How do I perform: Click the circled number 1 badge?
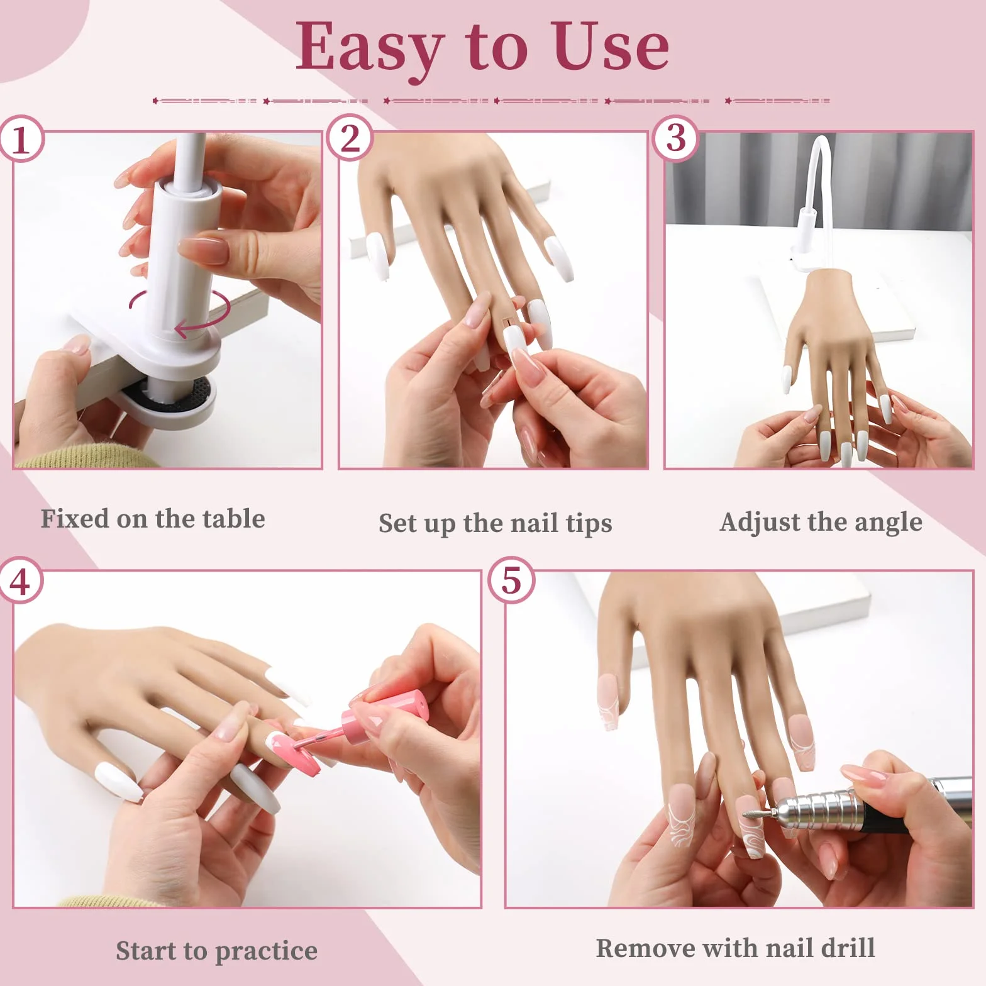(x=21, y=139)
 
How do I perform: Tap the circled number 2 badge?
(x=350, y=138)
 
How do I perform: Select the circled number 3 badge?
(x=676, y=138)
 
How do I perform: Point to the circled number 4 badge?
(x=19, y=580)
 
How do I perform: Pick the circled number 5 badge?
(x=511, y=580)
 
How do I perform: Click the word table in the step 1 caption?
(x=233, y=519)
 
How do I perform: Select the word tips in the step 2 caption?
(x=589, y=524)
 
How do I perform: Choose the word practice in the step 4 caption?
(x=266, y=951)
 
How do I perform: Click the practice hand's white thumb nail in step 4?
(x=116, y=781)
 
